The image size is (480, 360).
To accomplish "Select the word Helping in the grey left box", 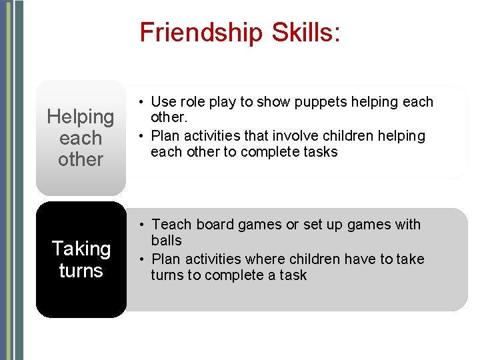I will [x=81, y=117].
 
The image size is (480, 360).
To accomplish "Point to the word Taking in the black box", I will [x=81, y=249].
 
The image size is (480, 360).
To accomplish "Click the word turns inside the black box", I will [x=81, y=270].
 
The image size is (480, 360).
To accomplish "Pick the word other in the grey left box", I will [x=81, y=159].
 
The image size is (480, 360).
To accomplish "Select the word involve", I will [x=293, y=136].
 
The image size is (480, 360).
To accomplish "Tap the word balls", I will [x=166, y=241].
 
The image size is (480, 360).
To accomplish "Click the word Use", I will [x=162, y=102].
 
